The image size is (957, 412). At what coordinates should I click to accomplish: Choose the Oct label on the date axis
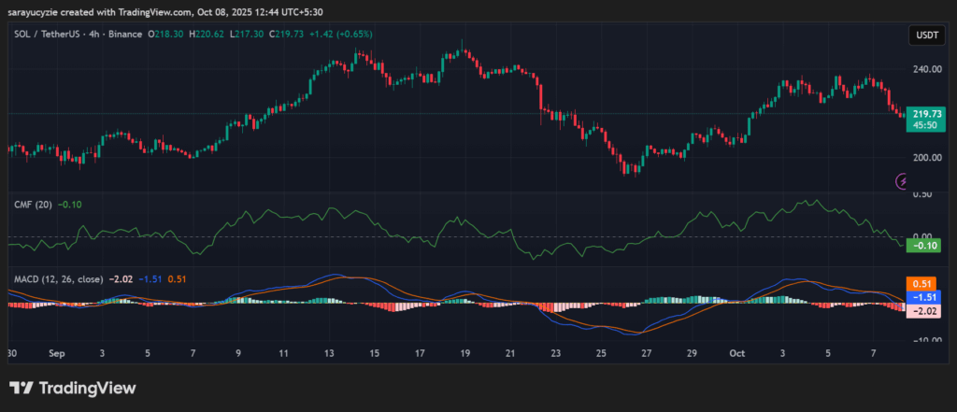737,354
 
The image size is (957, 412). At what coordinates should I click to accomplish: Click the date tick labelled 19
464,354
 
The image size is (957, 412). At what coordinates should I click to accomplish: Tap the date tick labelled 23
555,354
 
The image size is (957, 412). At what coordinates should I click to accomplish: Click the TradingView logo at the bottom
73,388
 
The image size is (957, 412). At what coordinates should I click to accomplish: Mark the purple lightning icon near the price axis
903,180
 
